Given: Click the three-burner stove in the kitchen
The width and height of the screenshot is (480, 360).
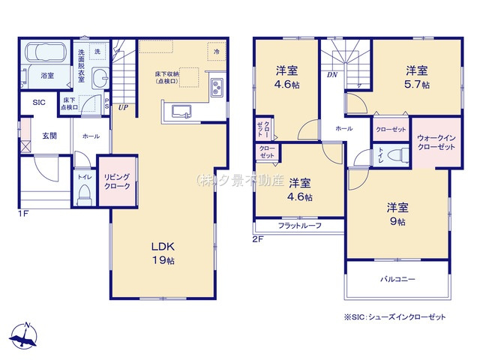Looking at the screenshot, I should tap(215, 88).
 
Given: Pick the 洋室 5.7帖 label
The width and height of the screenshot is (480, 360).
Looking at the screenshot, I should tap(418, 77).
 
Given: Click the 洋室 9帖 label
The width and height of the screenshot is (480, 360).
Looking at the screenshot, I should tap(397, 214).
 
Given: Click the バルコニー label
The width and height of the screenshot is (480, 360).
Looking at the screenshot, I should tap(398, 279).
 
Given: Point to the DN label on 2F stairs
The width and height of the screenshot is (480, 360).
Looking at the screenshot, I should tap(330, 75).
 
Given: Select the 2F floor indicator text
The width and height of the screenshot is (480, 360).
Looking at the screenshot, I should tap(259, 239).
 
